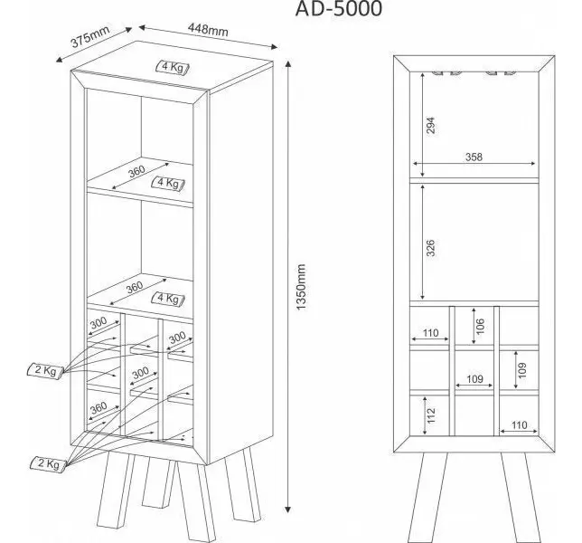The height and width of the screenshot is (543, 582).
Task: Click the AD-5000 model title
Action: coord(339,8)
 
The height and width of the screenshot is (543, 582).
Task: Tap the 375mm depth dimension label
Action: coord(90,36)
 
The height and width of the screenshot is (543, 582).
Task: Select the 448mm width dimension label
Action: coord(208,29)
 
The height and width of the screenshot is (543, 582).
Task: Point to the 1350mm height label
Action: coord(301,287)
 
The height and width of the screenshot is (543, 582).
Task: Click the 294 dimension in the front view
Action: coord(430,125)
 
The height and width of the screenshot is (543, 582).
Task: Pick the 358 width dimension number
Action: coord(474,157)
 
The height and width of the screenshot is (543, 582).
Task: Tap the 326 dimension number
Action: coord(430,248)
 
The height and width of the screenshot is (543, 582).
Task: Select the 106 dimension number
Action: coord(480,326)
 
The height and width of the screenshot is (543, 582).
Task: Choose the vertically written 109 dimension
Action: coord(522,370)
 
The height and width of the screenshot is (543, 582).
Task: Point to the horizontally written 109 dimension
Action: coord(474,378)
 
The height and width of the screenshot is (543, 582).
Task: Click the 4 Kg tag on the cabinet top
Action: coord(173,67)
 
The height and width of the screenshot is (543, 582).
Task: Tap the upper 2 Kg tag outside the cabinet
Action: coord(45,370)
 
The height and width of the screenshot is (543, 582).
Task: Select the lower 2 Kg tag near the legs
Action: coord(48,463)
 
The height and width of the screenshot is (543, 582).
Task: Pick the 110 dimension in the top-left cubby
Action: coord(430,333)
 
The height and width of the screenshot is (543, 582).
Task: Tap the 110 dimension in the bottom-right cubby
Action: coord(519,424)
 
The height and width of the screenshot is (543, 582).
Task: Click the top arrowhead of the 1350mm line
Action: coord(287,64)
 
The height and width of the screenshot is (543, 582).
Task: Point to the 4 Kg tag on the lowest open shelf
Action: coord(168,299)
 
